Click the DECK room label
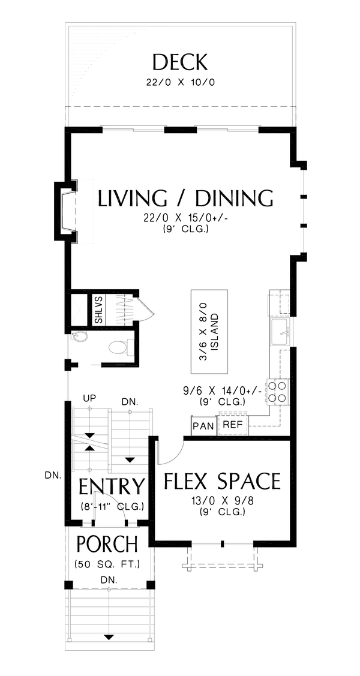point(180,62)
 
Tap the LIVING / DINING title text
point(185,199)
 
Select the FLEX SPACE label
point(223,481)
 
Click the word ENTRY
point(112,486)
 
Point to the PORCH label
point(108,544)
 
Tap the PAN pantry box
point(203,426)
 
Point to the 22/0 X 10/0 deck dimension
point(180,82)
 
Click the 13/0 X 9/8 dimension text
point(223,501)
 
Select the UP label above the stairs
point(90,396)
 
